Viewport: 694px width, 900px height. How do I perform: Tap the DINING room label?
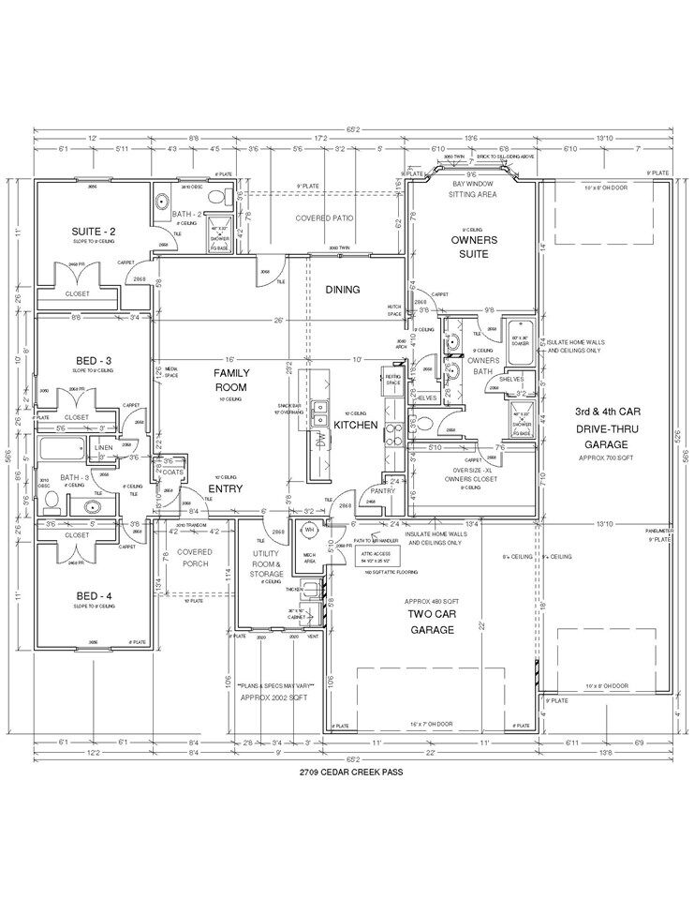342,290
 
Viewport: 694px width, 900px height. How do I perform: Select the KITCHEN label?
356,425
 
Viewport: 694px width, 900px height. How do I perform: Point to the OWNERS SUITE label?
474,247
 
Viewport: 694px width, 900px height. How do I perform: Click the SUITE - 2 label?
94,232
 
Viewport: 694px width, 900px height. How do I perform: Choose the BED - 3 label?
94,361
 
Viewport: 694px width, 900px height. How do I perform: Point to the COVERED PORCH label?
195,558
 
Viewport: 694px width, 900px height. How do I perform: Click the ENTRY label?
225,488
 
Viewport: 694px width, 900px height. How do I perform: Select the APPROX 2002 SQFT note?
275,697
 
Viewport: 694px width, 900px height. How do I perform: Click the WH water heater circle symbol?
308,529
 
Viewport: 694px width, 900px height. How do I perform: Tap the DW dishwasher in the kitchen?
321,440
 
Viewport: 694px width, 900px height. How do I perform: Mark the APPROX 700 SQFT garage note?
607,457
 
